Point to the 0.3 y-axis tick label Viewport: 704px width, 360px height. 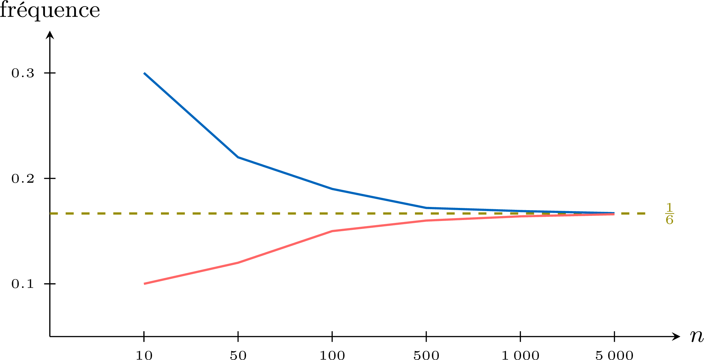coord(23,73)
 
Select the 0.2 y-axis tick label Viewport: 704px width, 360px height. coord(23,179)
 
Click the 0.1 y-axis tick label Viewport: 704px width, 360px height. coord(23,284)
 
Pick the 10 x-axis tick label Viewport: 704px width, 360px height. coord(144,355)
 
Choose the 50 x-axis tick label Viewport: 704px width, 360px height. coord(238,355)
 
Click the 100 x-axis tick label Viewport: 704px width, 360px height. coord(332,355)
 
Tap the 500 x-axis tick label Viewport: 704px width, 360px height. coord(426,355)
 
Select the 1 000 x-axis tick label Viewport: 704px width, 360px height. coord(520,355)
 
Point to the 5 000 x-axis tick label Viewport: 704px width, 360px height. coord(614,355)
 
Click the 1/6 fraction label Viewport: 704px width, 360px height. coord(670,214)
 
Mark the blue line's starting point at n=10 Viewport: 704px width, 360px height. coord(144,73)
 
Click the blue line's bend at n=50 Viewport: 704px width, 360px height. coord(238,157)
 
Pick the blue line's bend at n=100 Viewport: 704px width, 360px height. coord(332,189)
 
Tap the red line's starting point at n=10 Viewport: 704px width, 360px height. coord(144,284)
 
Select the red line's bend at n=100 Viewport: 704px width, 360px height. coord(332,231)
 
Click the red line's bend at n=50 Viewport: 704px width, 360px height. coord(238,263)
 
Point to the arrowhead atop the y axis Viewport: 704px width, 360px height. coord(50,34)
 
